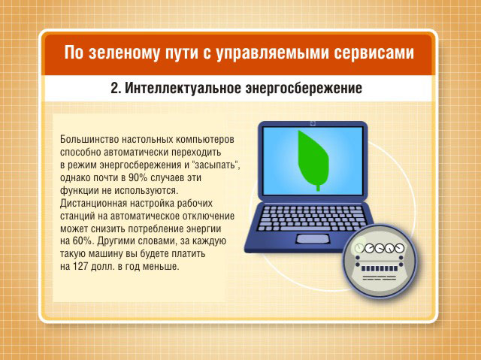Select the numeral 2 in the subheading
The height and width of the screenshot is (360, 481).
(x=114, y=89)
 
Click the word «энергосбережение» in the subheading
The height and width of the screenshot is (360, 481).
(x=304, y=89)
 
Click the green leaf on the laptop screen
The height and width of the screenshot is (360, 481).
(x=313, y=160)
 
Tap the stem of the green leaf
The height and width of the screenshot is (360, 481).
(x=318, y=187)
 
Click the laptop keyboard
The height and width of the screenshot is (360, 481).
(x=313, y=219)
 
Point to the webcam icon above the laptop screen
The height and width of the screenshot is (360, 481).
(x=313, y=123)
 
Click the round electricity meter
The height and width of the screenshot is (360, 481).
(x=380, y=261)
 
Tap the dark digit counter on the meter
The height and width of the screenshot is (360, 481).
(x=380, y=269)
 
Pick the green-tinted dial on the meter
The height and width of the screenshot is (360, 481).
(x=359, y=248)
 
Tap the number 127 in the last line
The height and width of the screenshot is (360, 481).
(x=80, y=267)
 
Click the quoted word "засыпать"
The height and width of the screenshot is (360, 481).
(x=216, y=165)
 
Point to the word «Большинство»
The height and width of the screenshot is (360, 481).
(x=89, y=140)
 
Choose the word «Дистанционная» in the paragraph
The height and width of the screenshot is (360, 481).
(x=93, y=204)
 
